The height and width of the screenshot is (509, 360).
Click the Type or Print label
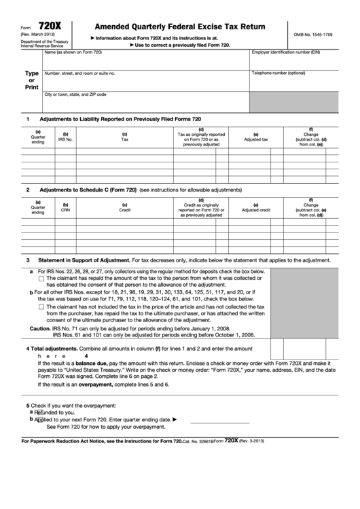click(x=31, y=80)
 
